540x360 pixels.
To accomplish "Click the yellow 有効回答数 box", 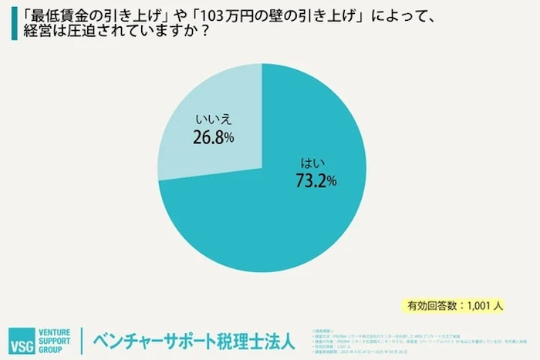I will [455, 305].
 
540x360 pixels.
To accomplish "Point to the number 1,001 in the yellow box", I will [479, 305].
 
